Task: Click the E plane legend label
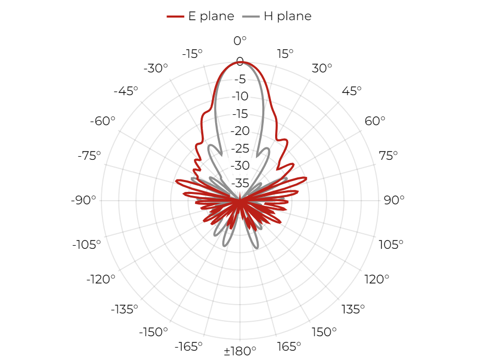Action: tap(211, 16)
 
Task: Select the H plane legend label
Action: tap(288, 16)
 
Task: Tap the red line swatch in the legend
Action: tap(175, 16)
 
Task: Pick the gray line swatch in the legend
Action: tap(251, 16)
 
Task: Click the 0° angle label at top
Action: tap(240, 40)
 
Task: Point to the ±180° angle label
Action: tap(240, 351)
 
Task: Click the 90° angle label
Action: tap(394, 200)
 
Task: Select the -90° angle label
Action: tap(83, 200)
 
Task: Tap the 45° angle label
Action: tap(352, 91)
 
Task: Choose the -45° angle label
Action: tap(126, 91)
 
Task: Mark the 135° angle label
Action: tap(353, 309)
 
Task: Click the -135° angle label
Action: tap(124, 309)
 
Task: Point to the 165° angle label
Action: tap(289, 347)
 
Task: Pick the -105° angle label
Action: tap(86, 245)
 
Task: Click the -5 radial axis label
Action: tap(240, 79)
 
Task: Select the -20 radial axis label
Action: tap(240, 131)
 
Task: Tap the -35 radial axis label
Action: tap(240, 183)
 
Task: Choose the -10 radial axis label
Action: tap(240, 96)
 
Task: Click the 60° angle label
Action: tap(375, 121)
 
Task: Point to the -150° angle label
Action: tap(154, 332)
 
